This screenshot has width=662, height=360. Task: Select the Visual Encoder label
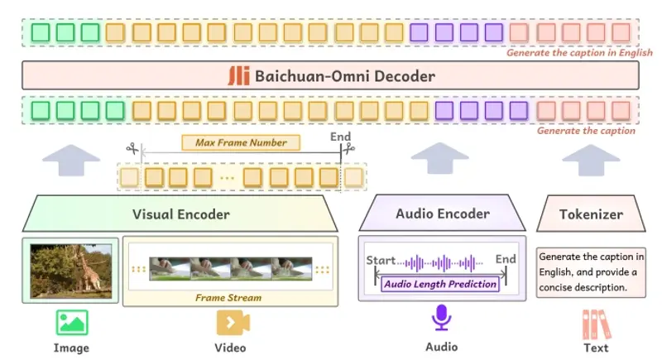(180, 214)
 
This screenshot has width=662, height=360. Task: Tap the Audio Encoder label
(442, 214)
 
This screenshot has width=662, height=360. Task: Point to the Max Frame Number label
(241, 142)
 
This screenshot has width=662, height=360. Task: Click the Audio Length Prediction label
(440, 284)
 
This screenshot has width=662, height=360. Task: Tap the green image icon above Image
(71, 323)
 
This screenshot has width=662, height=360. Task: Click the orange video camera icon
(231, 323)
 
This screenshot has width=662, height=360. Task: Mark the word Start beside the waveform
(381, 261)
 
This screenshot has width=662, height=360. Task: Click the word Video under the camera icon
(231, 347)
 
